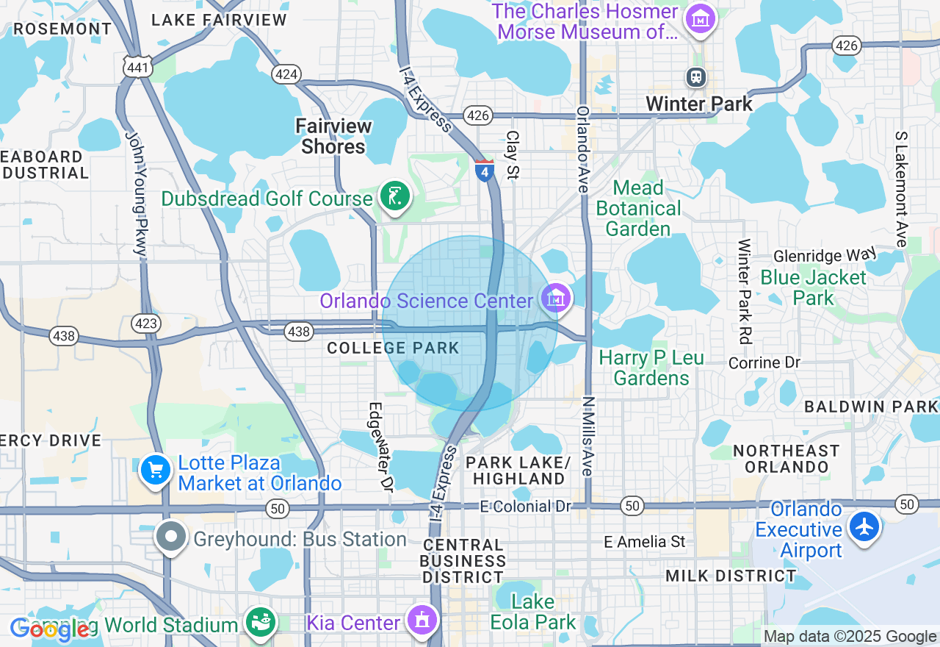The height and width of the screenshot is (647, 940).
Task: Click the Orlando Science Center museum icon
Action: coord(556,298)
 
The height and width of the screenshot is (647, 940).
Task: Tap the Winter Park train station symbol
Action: coord(695,76)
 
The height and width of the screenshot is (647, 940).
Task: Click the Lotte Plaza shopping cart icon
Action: coord(155,470)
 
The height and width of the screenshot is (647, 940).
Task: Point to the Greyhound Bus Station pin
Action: coord(171,537)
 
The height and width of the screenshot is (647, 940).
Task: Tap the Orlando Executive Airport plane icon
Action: coord(865,526)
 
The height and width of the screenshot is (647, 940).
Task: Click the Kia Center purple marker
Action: coord(422,621)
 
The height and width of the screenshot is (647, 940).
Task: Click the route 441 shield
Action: coord(138,67)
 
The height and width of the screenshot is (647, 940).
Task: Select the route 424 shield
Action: coord(285,74)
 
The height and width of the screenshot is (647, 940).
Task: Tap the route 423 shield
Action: coord(145,323)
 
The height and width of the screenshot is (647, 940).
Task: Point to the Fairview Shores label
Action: coord(333,136)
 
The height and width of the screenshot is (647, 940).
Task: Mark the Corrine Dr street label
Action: coord(764,363)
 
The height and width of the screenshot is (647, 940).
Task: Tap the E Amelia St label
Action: coord(644,542)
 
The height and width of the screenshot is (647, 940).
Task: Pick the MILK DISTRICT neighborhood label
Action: coord(731,576)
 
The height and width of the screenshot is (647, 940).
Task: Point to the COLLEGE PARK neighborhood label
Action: coord(393,348)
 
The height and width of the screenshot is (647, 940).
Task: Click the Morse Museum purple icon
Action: coord(700,18)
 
